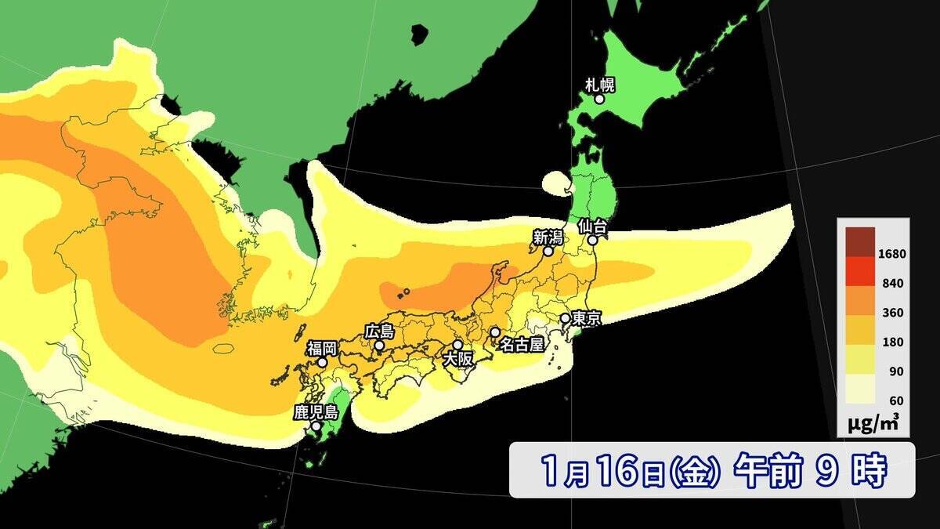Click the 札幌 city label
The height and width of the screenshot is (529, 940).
coord(600,84)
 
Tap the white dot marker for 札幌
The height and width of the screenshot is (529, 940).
coord(599,99)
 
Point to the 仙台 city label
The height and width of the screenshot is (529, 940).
coord(593,226)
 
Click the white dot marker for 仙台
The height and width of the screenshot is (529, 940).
coord(593,241)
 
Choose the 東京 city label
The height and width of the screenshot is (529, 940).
coord(586,319)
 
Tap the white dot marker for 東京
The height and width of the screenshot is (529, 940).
coord(564,318)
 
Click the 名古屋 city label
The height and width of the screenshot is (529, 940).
coord(521,344)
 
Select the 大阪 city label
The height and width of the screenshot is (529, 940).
coord(458,359)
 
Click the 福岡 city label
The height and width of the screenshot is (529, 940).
coord(321,347)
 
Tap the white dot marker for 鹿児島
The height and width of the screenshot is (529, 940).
coord(315,427)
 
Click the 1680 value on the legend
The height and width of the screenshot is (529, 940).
coord(892,254)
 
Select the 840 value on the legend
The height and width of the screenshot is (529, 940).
coord(892,283)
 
